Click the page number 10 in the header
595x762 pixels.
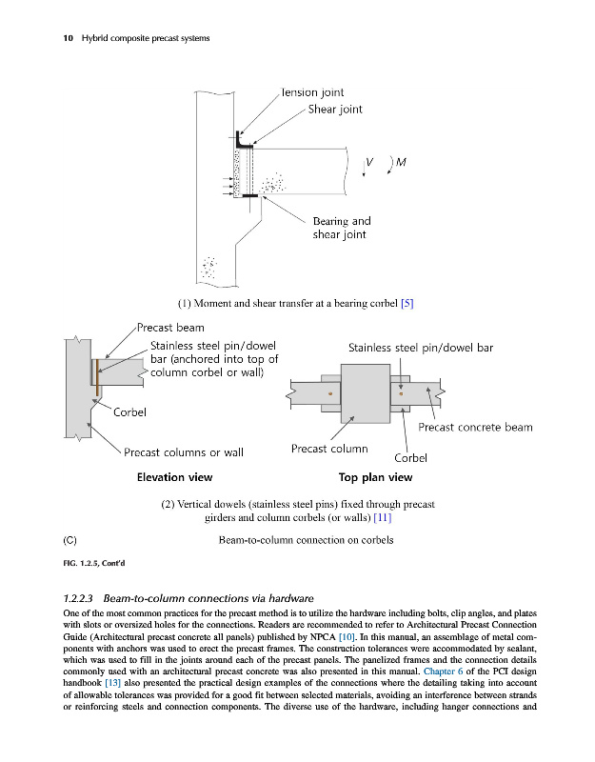[x=41, y=38]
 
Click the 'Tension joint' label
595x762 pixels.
[x=312, y=92]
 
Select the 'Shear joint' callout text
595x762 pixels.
[x=334, y=110]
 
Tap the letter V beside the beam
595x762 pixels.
[x=368, y=161]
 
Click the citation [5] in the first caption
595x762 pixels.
[x=406, y=303]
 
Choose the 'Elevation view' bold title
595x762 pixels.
[x=174, y=477]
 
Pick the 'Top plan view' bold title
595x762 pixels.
[x=375, y=477]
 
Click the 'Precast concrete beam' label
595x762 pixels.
[x=475, y=428]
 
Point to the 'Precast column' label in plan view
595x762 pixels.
[x=328, y=449]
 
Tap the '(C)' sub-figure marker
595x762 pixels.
[x=69, y=540]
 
